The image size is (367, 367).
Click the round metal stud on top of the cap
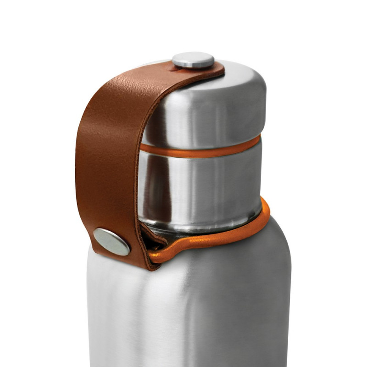(193, 60)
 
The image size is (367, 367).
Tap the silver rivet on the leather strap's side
(111, 241)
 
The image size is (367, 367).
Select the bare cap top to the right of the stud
(234, 69)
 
